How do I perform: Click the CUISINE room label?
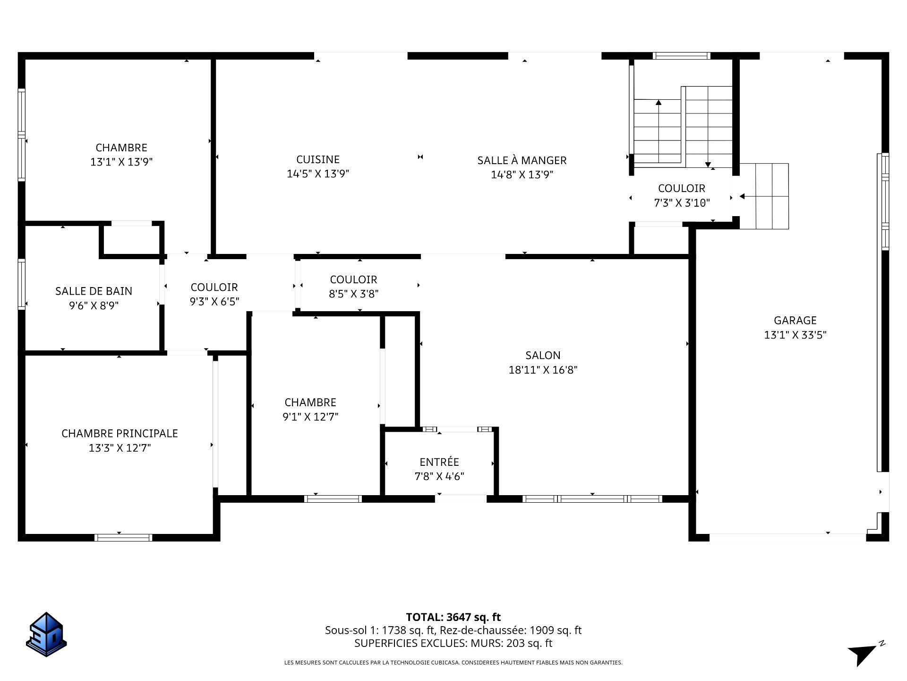318,159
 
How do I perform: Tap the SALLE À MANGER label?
522,160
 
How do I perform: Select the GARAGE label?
795,320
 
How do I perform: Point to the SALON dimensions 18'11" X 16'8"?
543,370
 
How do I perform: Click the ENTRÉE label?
439,462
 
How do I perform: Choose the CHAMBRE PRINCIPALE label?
120,433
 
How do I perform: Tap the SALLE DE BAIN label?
94,291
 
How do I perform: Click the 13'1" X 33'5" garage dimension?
796,335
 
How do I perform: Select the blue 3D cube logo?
46,634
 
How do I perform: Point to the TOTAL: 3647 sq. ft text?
453,617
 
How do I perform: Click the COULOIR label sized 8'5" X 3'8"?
353,279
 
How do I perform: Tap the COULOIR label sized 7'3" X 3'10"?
682,188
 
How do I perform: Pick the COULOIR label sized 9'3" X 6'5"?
214,287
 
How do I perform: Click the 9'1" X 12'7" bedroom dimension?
310,417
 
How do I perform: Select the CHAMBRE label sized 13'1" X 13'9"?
121,148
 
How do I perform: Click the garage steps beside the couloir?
764,196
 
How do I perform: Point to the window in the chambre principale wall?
123,537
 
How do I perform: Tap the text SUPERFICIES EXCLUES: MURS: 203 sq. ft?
453,643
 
